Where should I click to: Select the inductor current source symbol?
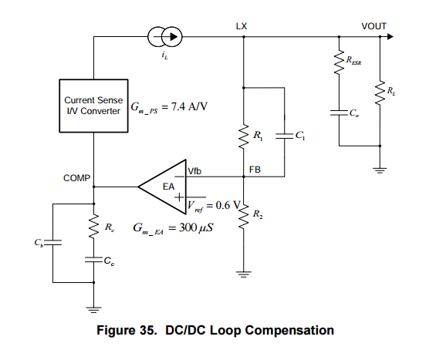[x=165, y=37]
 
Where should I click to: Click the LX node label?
[x=242, y=26]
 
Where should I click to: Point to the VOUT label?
[x=374, y=26]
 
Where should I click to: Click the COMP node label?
[x=76, y=178]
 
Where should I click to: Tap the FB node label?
[x=255, y=170]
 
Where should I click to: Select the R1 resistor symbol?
[x=244, y=136]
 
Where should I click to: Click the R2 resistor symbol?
[x=244, y=216]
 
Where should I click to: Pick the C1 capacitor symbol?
[x=285, y=136]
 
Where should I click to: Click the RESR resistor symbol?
[x=339, y=62]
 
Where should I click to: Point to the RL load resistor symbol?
[x=380, y=93]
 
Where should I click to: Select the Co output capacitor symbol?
[x=339, y=113]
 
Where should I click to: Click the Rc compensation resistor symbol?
[x=93, y=226]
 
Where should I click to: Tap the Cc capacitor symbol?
[x=93, y=260]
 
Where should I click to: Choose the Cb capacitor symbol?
[x=52, y=243]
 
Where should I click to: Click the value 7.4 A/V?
[x=189, y=106]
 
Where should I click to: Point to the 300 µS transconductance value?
[x=196, y=227]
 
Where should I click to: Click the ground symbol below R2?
[x=244, y=274]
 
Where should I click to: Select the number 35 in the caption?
[x=145, y=330]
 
